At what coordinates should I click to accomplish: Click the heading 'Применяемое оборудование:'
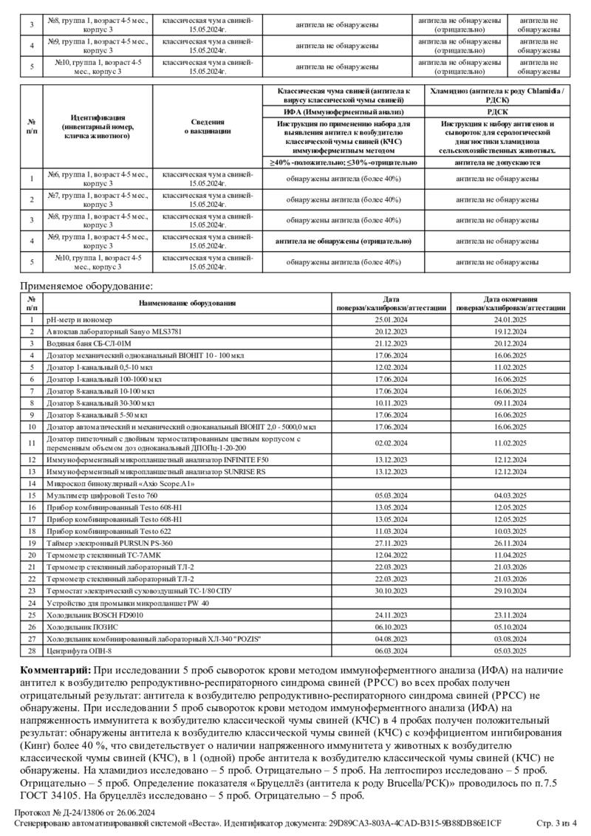tap(86, 286)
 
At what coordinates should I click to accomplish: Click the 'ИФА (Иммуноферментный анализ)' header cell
tap(341, 110)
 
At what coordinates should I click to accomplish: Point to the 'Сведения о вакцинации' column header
tap(208, 126)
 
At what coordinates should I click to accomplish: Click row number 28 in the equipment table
tap(32, 651)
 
